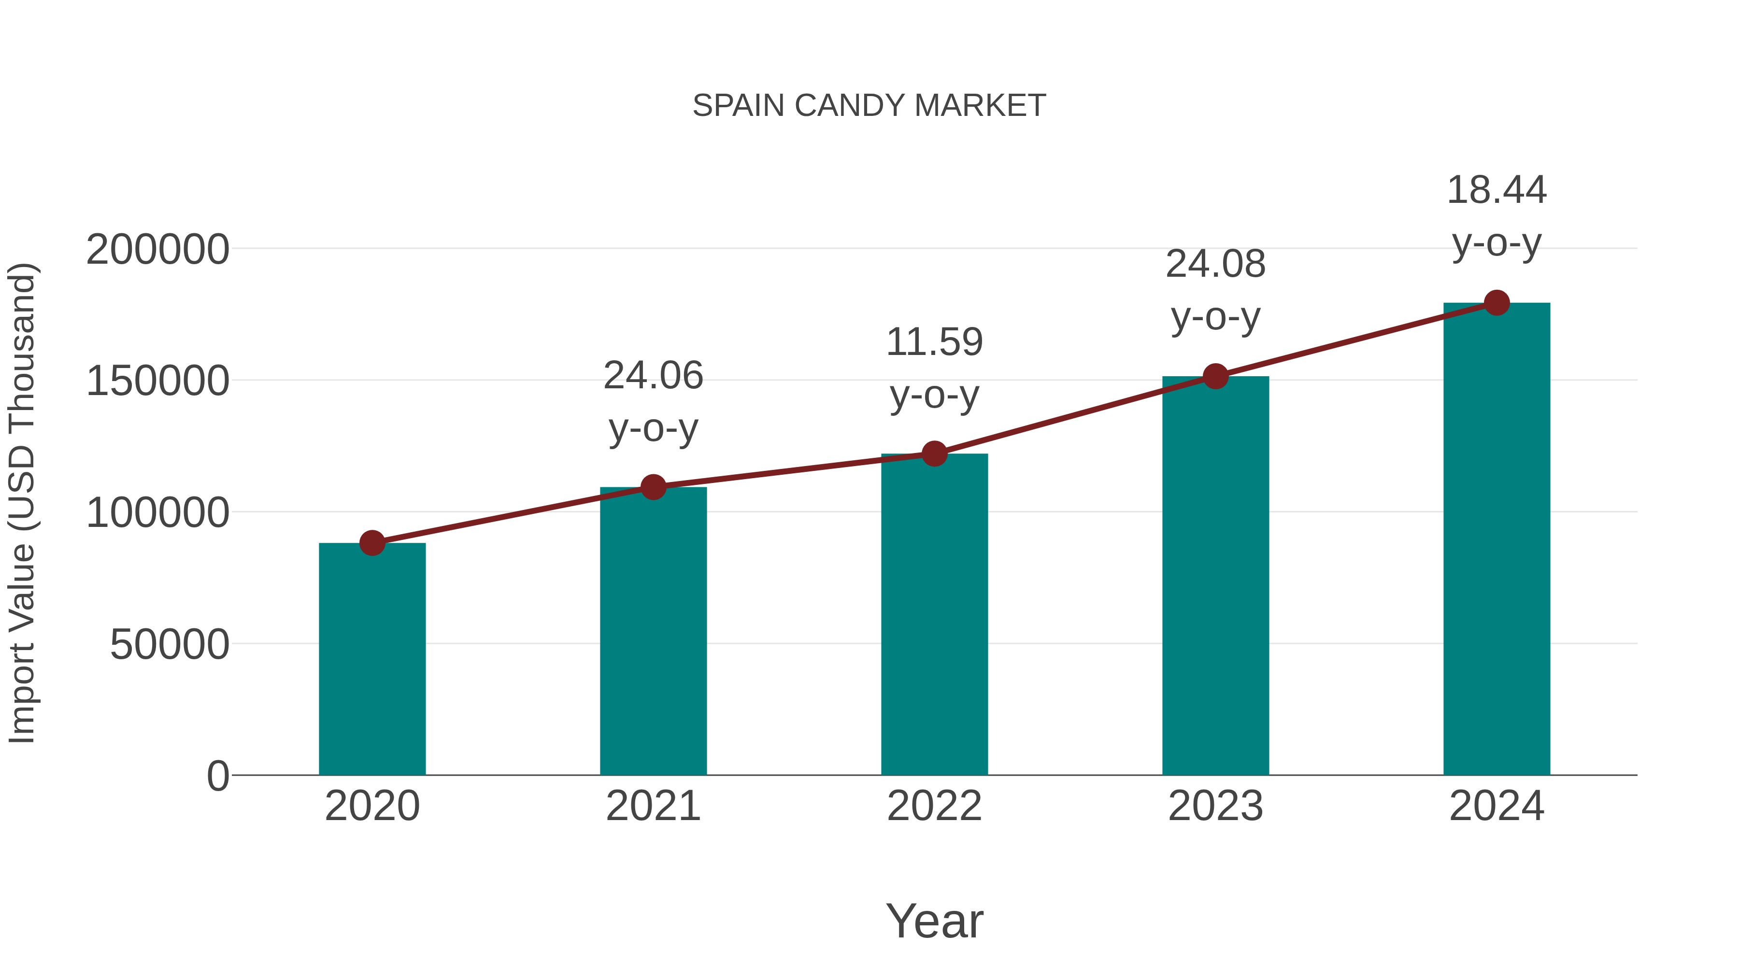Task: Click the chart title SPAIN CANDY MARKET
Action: [869, 106]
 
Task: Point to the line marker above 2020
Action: [372, 543]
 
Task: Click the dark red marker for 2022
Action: [934, 454]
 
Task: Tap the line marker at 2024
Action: [1497, 303]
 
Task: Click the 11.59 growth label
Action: [934, 368]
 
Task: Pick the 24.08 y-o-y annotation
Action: [1215, 290]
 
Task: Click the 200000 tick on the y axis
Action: [157, 249]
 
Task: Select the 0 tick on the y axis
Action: [217, 776]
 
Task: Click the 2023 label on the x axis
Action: [1215, 806]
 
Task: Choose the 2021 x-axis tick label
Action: [653, 806]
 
